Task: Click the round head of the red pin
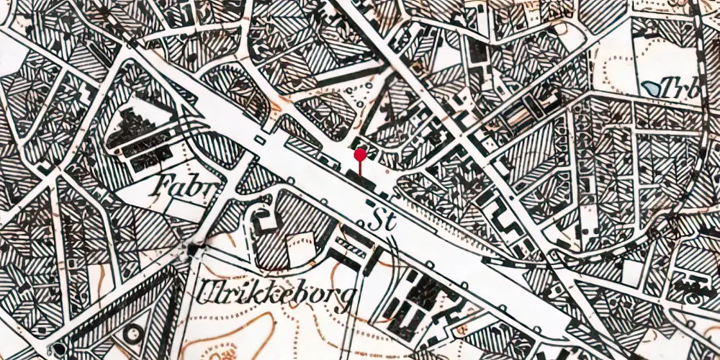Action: point(360,153)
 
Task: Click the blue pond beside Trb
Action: point(653,88)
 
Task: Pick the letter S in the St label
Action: point(374,219)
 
